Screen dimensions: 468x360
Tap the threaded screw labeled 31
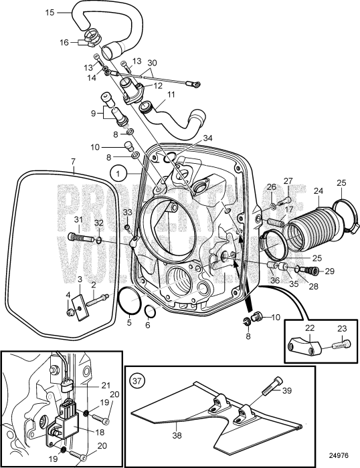(78, 237)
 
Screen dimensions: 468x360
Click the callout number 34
(207, 138)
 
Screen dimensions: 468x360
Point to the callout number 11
(171, 95)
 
